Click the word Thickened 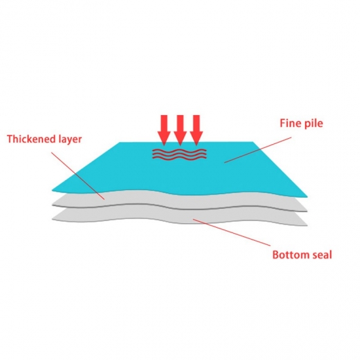pos(30,139)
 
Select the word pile pos(314,124)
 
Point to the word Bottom pos(291,255)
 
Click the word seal pos(322,255)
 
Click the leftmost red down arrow pos(164,130)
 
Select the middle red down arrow pos(180,130)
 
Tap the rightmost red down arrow pos(196,130)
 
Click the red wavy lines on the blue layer pos(179,154)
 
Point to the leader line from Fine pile pos(258,150)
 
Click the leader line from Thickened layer pos(78,176)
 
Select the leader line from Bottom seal pos(232,232)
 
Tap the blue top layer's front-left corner pos(52,190)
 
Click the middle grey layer pos(179,202)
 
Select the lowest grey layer pos(179,217)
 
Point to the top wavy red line pos(179,151)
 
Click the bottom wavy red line pos(179,158)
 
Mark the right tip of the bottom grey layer pos(307,225)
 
